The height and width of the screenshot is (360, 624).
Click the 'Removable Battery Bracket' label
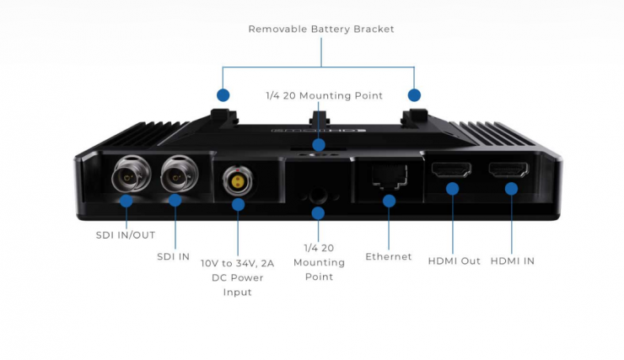pos(321,29)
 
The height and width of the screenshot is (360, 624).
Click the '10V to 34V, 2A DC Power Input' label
pos(232,277)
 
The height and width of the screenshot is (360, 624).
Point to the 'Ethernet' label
pos(389,256)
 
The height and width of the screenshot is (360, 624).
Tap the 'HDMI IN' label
pos(512,261)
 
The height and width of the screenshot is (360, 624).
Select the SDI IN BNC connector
pos(176,176)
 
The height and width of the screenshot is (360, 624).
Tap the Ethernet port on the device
pos(389,175)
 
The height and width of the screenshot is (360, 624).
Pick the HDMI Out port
pos(452,169)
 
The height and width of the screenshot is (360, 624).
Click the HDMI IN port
pos(510,169)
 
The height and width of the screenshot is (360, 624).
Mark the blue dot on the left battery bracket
pos(223,95)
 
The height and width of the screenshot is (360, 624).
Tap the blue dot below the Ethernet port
pos(389,201)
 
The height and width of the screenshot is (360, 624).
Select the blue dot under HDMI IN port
pos(511,189)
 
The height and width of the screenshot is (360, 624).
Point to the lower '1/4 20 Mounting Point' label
pos(319,262)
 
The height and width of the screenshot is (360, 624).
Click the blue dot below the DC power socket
pos(238,204)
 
